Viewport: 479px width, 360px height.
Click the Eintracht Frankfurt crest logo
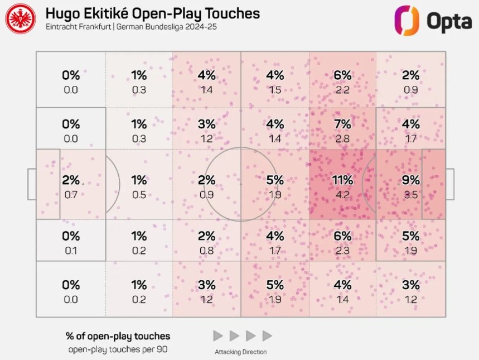21,18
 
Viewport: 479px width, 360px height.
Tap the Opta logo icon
407,20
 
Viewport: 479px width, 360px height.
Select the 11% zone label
342,180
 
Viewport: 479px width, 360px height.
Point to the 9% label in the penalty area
410,180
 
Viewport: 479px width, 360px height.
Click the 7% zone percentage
342,124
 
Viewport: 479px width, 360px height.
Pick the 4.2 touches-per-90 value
342,195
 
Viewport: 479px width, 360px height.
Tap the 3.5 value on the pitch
410,195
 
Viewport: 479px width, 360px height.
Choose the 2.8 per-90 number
342,138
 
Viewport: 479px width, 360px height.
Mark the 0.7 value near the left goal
71,195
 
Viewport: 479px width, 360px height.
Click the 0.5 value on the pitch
139,195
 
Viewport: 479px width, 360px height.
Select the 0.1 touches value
71,251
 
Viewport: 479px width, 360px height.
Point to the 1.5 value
274,90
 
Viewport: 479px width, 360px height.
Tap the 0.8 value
206,251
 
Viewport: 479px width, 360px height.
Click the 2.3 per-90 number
342,251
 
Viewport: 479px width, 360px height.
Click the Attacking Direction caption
240,352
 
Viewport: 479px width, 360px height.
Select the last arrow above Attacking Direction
267,336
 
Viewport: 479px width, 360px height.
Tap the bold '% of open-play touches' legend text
118,336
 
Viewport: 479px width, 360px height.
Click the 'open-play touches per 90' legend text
118,350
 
